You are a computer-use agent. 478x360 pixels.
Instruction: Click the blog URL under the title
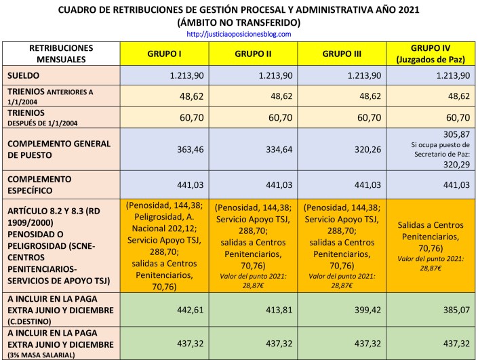pyautogui.click(x=238, y=33)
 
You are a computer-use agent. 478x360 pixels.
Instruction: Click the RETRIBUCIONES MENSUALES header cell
pyautogui.click(x=62, y=54)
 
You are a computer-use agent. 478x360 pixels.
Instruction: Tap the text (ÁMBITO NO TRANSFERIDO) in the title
pyautogui.click(x=238, y=22)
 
